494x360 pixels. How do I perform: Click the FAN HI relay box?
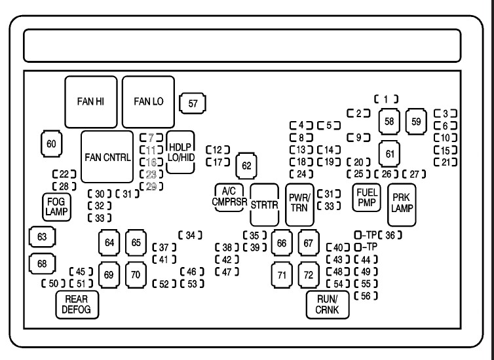click(92, 101)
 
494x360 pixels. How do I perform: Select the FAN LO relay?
click(148, 101)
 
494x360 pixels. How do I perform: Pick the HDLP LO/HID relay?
click(181, 151)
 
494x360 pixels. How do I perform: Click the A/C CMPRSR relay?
click(229, 196)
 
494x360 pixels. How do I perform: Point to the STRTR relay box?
click(265, 204)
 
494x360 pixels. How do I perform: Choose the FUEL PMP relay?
click(366, 197)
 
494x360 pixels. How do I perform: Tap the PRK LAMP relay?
click(401, 204)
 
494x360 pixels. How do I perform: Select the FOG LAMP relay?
click(54, 206)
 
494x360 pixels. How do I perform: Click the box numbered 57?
click(193, 103)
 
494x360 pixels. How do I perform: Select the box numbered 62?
click(246, 165)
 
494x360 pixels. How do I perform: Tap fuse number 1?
click(387, 99)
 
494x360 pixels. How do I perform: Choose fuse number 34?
click(190, 235)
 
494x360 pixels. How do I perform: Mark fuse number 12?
click(218, 149)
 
